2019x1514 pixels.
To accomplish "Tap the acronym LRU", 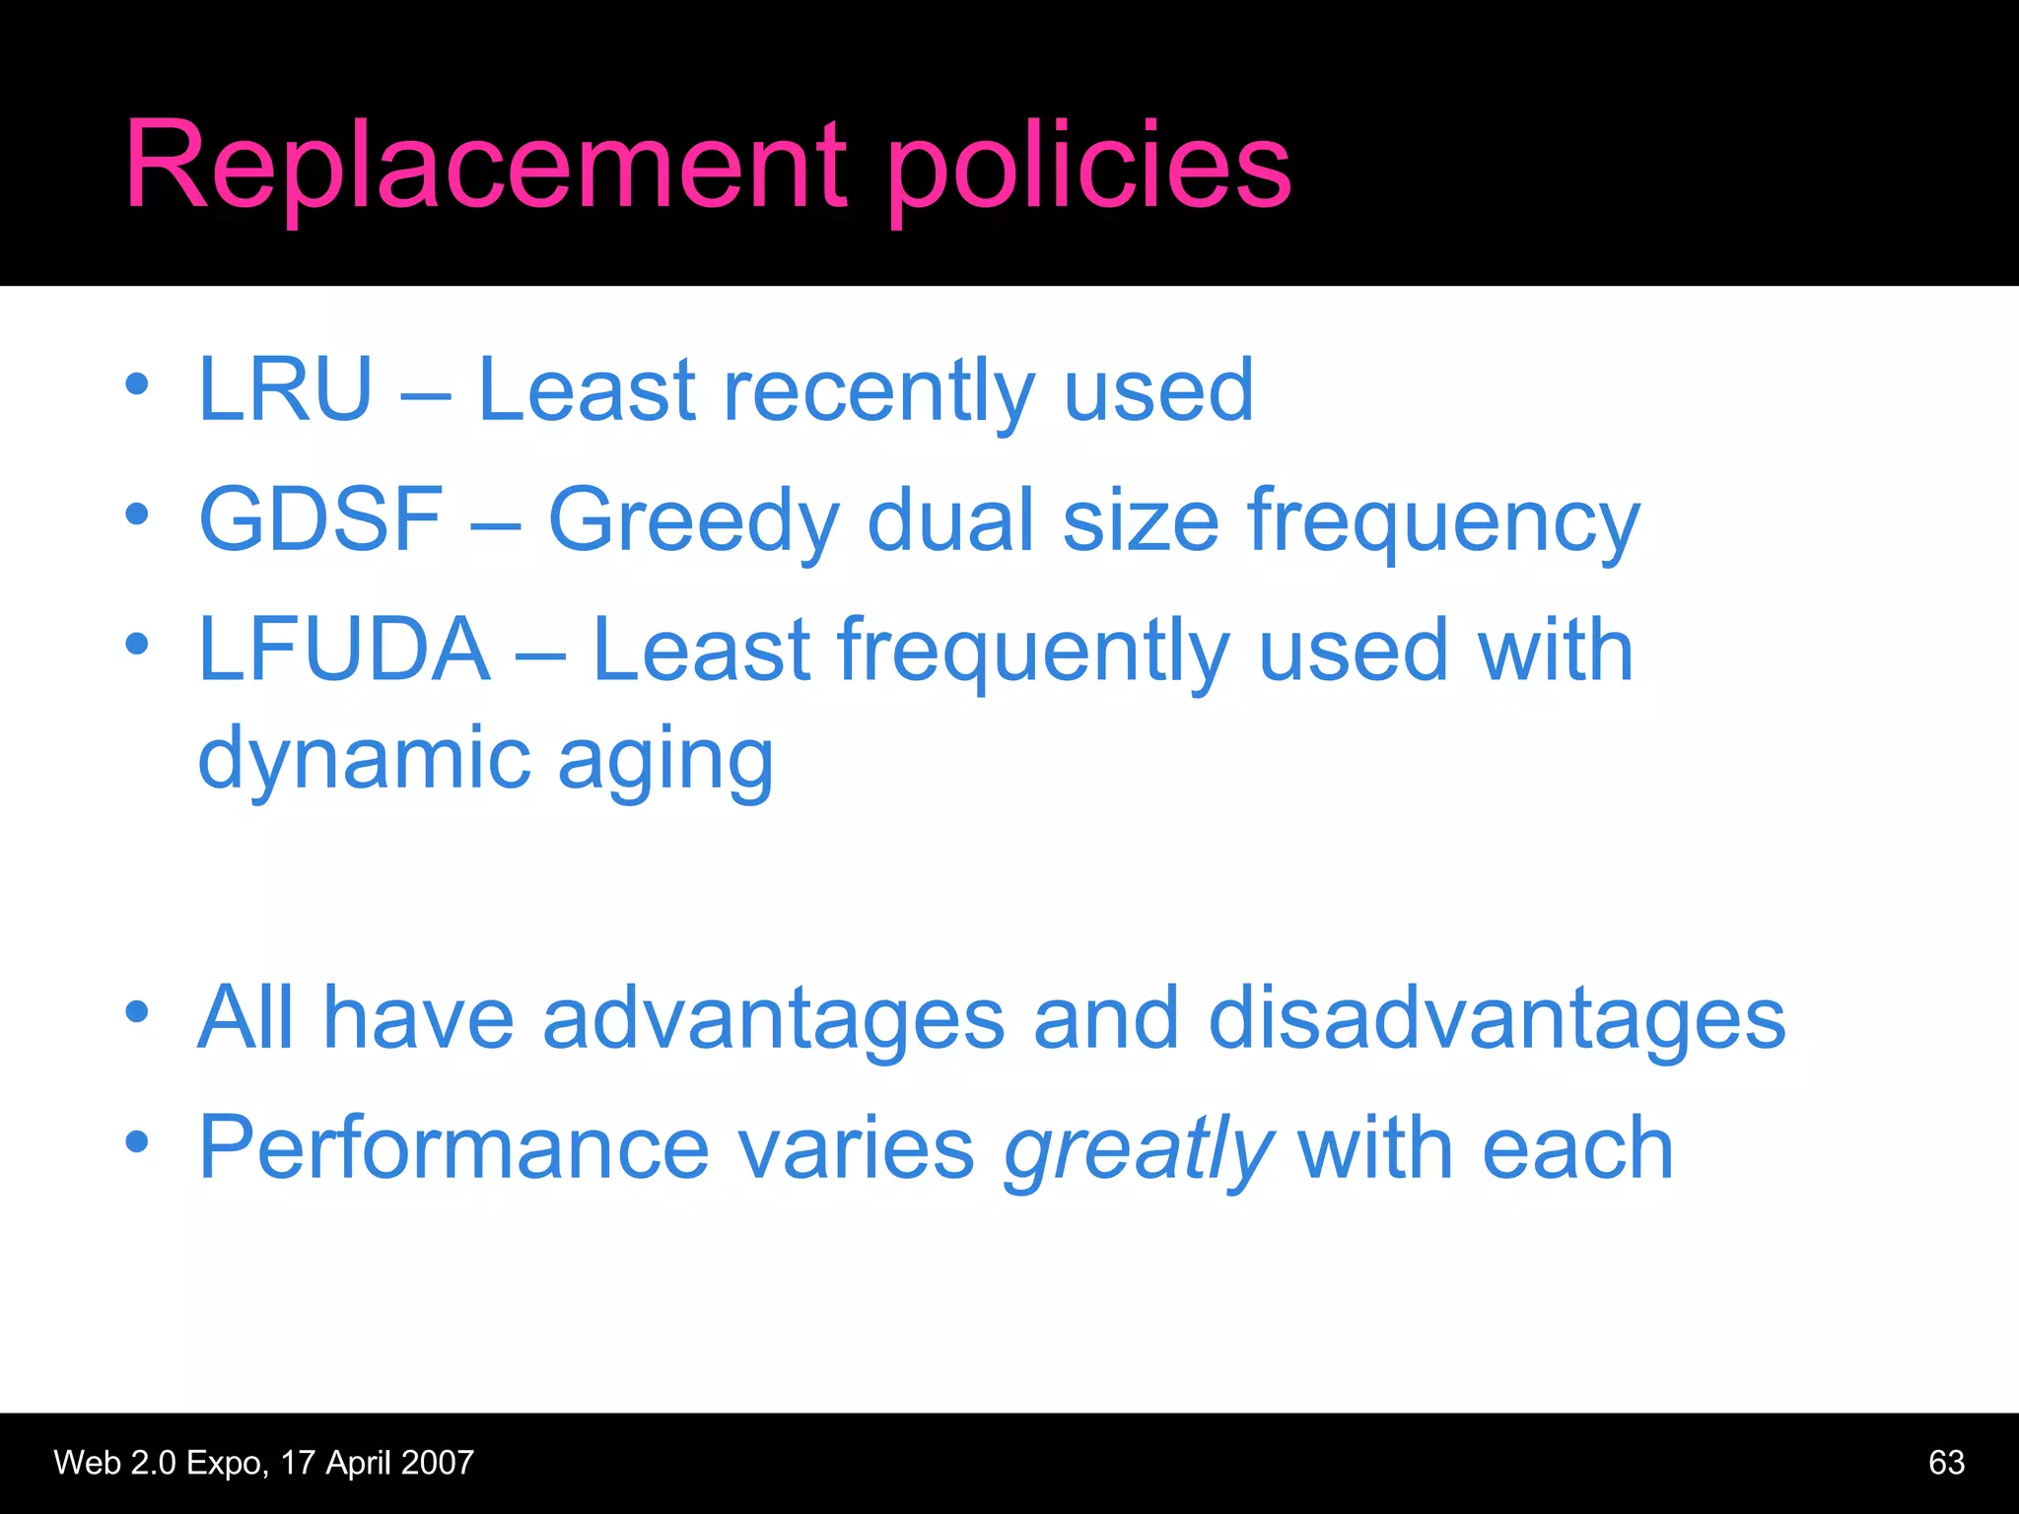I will pyautogui.click(x=285, y=390).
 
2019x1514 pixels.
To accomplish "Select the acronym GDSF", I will pyautogui.click(x=320, y=520).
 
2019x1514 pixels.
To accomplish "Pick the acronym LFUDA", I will pyautogui.click(x=344, y=651).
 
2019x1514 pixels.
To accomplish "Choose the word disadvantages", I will pyautogui.click(x=1496, y=1019).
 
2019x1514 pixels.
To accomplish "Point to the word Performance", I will pyautogui.click(x=453, y=1149).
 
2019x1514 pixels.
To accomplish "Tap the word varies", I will pyautogui.click(x=856, y=1149).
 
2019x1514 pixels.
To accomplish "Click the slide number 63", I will pyautogui.click(x=1945, y=1463).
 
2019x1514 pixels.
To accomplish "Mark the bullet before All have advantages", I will pyautogui.click(x=137, y=1012).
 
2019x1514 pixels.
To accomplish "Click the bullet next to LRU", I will pyautogui.click(x=137, y=384).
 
